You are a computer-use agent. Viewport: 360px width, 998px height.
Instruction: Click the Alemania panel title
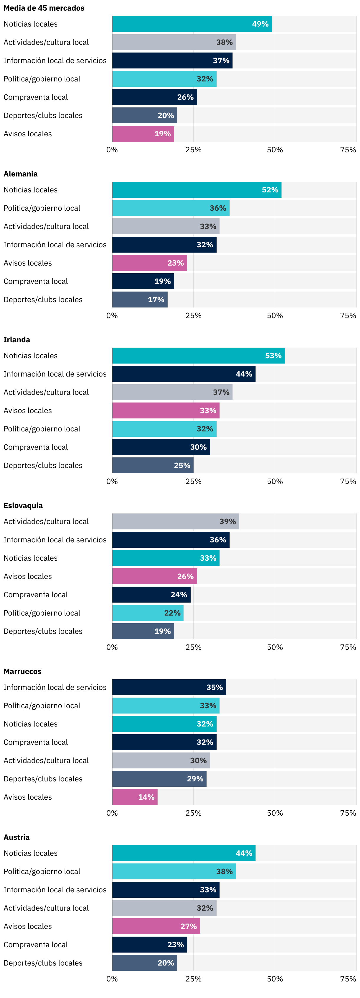tap(21, 174)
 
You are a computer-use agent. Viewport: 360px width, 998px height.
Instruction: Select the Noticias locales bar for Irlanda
tap(198, 356)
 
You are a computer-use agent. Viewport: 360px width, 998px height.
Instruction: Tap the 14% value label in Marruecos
tap(146, 797)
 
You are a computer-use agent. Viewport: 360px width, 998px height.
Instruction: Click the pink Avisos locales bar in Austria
tap(156, 926)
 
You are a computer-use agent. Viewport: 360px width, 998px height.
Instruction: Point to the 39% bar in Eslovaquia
tap(175, 521)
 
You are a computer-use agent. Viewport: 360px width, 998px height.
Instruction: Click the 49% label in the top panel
tap(260, 24)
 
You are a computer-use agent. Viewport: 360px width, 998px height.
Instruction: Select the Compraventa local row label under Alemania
tap(36, 281)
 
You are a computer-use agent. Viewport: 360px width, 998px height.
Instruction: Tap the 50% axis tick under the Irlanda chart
tap(275, 481)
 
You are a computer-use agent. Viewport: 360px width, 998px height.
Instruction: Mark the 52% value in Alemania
tap(270, 190)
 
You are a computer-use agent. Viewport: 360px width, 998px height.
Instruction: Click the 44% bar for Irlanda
tap(183, 374)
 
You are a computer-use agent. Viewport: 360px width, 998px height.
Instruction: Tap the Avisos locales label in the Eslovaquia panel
tap(27, 577)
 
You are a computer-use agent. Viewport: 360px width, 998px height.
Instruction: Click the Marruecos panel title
tap(22, 671)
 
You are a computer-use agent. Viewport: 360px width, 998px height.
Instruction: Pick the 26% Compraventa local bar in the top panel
tap(154, 97)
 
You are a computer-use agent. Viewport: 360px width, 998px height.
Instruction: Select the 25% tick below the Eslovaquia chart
tap(193, 647)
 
